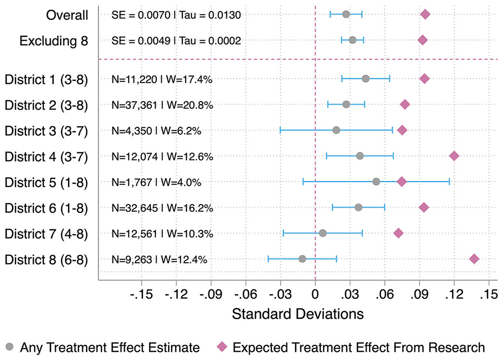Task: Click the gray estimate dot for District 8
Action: click(302, 259)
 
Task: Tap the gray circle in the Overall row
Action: click(346, 15)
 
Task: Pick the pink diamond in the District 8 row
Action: click(474, 259)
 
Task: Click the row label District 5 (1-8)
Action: click(46, 182)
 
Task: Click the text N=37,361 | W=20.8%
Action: click(162, 105)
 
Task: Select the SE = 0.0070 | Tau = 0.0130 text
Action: click(177, 15)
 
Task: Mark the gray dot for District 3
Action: click(336, 131)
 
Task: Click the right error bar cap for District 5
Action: click(449, 182)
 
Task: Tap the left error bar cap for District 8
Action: click(268, 259)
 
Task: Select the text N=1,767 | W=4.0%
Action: click(157, 182)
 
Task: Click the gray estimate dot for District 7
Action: click(323, 233)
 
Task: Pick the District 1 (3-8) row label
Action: click(46, 79)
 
